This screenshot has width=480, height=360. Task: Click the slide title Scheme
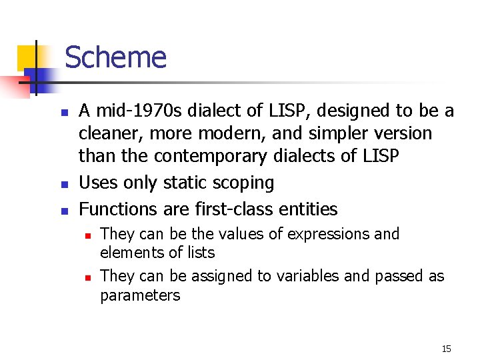(x=115, y=57)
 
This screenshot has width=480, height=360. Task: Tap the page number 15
(x=446, y=349)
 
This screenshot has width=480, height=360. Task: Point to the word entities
(x=309, y=209)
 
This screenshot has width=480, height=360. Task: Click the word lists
(x=201, y=253)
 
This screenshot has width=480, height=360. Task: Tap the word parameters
(x=139, y=295)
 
